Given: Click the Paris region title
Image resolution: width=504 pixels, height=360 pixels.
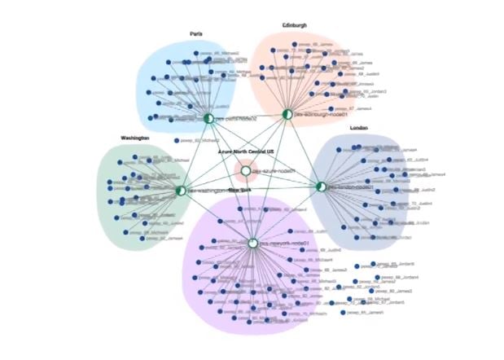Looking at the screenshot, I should [196, 33].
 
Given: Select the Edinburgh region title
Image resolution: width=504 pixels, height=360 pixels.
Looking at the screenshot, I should [295, 25].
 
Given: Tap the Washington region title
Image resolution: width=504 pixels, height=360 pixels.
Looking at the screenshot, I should [135, 138].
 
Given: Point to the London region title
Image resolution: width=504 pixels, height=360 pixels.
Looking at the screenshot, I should [359, 128].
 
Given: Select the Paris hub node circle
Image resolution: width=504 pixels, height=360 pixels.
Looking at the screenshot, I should [208, 119].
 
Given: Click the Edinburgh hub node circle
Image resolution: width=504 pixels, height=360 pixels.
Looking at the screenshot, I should [287, 114].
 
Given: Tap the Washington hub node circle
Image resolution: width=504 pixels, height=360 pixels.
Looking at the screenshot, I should [180, 191].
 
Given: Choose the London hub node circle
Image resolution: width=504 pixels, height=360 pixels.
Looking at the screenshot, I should [321, 187].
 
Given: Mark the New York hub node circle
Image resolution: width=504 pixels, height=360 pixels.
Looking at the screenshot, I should [252, 243].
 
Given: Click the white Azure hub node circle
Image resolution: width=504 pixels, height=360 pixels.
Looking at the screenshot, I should [245, 171].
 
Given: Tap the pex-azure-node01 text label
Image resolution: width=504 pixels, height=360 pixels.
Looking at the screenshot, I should [274, 171].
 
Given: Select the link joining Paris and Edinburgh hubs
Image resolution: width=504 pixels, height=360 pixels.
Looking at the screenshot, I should [248, 116].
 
